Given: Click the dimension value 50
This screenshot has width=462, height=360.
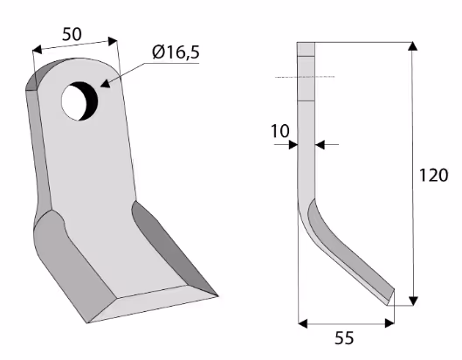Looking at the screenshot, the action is [72, 34].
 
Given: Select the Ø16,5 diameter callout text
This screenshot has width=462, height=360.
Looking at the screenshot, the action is [176, 52].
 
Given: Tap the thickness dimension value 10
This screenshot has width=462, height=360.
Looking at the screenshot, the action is [280, 131].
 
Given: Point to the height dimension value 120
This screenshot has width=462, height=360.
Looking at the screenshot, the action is [433, 175].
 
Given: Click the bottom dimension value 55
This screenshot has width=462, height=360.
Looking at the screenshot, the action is [344, 338].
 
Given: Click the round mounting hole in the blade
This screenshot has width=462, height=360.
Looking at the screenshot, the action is [79, 101].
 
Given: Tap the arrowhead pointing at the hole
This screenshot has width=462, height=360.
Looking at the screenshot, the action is [106, 83].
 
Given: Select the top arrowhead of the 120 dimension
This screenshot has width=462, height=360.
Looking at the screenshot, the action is [413, 46].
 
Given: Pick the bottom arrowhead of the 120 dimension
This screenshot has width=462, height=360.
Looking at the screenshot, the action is [413, 301].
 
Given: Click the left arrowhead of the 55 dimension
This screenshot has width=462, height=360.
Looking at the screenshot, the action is [303, 323].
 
